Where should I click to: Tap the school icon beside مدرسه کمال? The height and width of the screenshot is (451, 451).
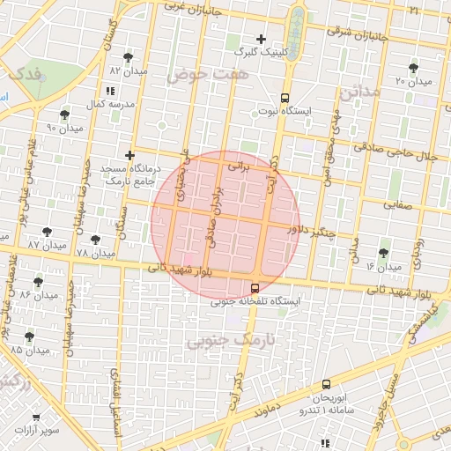(109, 92)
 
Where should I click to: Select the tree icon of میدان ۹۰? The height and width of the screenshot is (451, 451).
(64, 115)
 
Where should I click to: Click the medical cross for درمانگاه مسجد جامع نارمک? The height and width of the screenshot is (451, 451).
(129, 155)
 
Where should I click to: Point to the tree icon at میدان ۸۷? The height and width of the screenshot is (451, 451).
(47, 232)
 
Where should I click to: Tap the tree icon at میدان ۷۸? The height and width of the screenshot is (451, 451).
(95, 240)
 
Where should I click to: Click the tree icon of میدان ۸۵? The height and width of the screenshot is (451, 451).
(30, 336)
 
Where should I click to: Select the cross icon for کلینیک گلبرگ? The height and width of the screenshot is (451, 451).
(261, 39)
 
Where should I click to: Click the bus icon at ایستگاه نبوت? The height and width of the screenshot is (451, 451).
(285, 98)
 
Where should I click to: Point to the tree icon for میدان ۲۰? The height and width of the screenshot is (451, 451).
(414, 68)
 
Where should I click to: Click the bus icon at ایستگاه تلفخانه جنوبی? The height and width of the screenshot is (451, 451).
(255, 288)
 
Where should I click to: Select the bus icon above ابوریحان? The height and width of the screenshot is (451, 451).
(326, 384)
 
